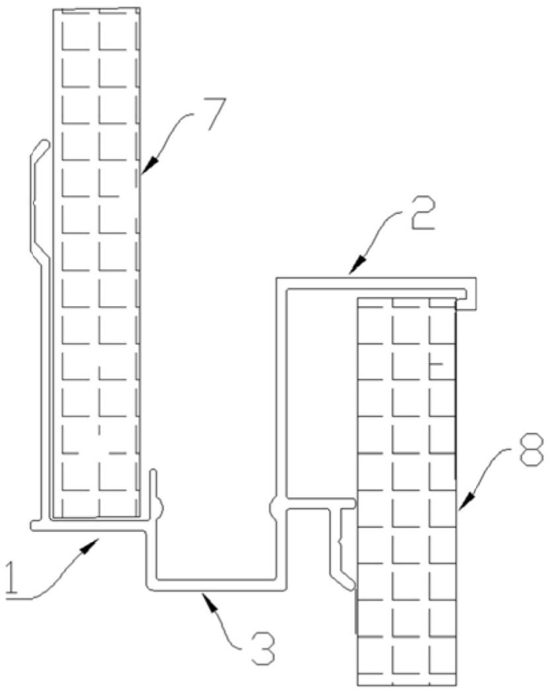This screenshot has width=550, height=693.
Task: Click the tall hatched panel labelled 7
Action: coord(98,264)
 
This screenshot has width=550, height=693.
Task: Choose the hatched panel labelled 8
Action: coord(406,488)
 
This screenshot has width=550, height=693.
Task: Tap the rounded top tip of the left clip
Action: coord(44,144)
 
